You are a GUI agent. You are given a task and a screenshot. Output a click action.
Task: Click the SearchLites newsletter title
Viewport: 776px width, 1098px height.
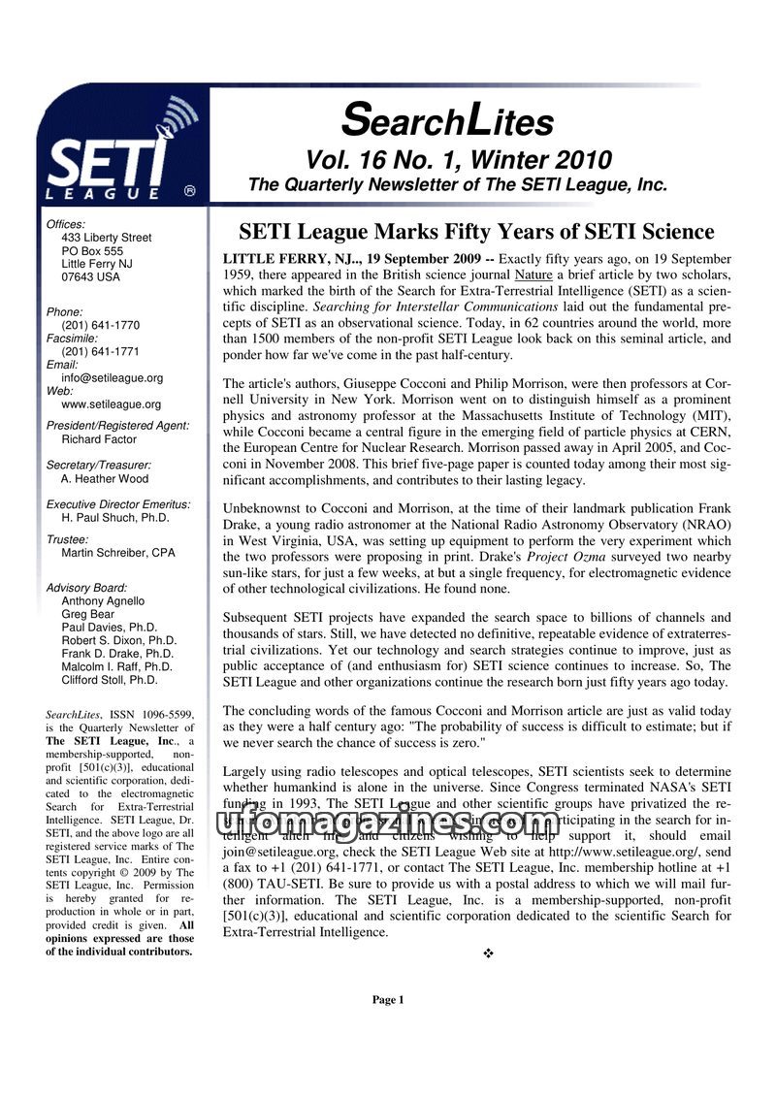pos(447,121)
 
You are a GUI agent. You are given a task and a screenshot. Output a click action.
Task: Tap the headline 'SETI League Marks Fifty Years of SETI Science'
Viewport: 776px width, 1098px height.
pos(476,233)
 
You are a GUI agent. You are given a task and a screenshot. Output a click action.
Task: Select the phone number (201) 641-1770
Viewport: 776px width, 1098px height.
pos(100,326)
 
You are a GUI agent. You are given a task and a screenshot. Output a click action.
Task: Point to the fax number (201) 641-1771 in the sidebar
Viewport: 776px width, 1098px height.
pos(100,352)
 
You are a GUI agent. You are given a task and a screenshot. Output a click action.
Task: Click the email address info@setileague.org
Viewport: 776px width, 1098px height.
pos(112,378)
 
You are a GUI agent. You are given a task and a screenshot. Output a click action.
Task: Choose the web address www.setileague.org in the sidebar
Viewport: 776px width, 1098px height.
pos(111,404)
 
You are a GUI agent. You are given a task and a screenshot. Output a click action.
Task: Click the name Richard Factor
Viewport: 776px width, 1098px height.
pos(98,439)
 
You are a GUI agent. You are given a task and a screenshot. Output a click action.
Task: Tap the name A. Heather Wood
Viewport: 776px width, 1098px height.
pos(104,478)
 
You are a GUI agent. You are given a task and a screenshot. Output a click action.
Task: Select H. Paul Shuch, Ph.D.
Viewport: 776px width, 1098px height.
pos(114,518)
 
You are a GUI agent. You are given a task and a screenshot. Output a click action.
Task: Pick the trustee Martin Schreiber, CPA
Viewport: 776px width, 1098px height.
pos(117,553)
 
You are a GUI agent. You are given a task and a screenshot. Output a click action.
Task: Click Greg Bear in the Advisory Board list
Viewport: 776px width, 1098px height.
pos(87,614)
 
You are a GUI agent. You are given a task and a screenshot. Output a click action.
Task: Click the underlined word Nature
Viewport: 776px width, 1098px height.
pos(533,275)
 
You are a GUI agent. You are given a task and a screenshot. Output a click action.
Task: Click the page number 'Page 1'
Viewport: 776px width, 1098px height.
pos(387,1000)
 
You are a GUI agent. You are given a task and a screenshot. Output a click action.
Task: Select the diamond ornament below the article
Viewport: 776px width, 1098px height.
pos(488,954)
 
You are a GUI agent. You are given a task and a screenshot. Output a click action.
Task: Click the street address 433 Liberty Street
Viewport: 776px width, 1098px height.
pos(106,238)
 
